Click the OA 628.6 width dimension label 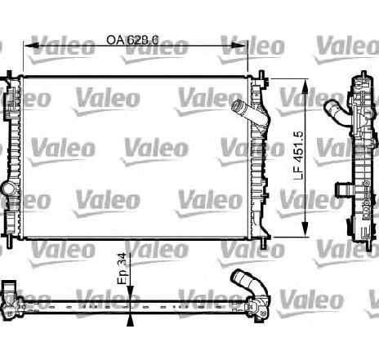[136, 39]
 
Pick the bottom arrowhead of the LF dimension [306, 232]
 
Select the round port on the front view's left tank [8, 190]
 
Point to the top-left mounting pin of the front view [11, 75]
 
